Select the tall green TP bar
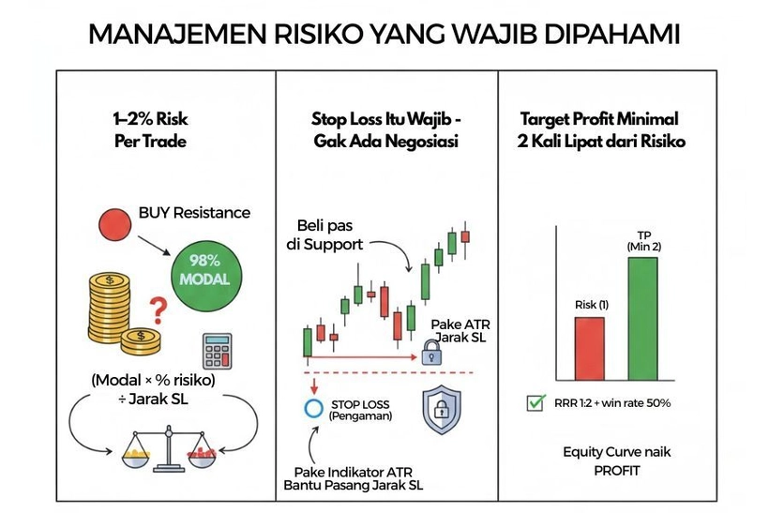(x=643, y=315)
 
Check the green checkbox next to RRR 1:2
(x=536, y=403)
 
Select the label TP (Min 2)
(x=643, y=239)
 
